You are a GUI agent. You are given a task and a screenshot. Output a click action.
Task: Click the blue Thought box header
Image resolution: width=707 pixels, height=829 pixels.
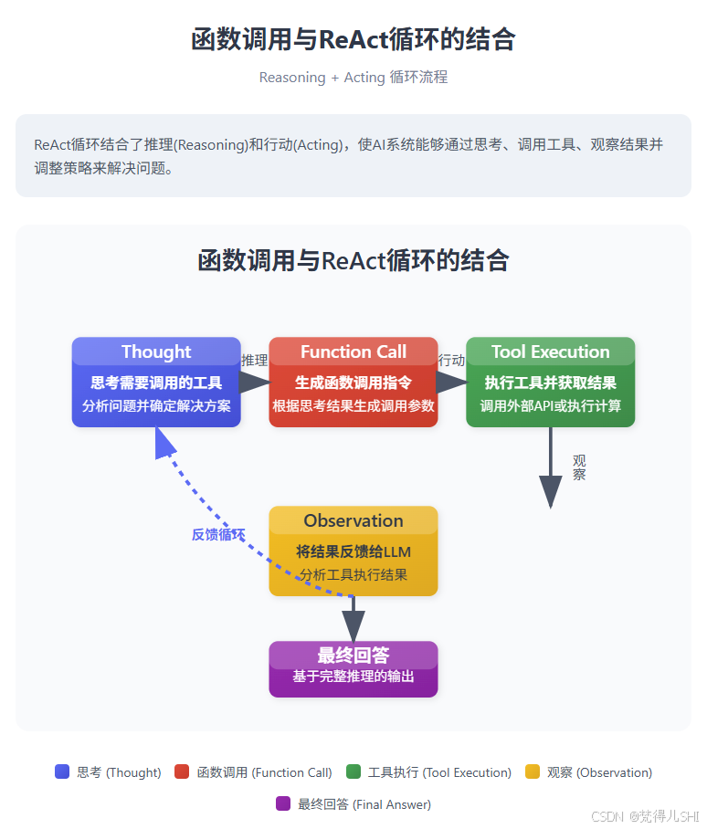[x=156, y=352]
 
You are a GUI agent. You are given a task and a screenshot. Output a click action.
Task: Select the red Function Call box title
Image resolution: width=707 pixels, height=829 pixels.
[x=353, y=352]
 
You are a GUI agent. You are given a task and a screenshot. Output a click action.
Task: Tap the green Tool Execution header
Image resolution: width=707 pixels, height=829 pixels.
[x=550, y=352]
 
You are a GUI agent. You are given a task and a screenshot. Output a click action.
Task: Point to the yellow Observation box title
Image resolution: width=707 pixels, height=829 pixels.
[x=353, y=520]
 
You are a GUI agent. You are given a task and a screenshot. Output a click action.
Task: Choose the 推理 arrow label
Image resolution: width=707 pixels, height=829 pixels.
[x=254, y=361]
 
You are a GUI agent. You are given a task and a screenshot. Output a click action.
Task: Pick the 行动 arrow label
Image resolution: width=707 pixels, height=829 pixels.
[x=451, y=361]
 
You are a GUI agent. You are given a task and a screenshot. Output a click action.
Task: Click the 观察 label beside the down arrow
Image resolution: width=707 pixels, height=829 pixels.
[x=579, y=467]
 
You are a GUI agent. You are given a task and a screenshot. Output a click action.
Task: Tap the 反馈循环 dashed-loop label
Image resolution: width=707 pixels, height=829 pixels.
[x=218, y=535]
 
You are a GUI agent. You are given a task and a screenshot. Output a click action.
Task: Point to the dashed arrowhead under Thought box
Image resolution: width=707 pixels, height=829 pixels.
[x=165, y=442]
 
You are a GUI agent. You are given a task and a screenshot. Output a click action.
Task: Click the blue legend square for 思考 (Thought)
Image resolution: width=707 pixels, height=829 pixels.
[x=62, y=771]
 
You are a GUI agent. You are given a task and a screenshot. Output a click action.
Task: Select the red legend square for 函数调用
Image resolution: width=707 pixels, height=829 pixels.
[x=182, y=771]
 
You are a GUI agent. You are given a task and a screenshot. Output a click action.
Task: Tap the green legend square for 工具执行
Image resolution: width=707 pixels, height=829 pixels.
[x=353, y=771]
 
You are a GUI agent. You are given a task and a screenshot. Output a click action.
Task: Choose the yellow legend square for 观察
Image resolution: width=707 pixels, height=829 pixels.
[x=533, y=771]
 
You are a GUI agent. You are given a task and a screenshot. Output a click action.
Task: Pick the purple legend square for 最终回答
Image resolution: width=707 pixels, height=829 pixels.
[x=283, y=803]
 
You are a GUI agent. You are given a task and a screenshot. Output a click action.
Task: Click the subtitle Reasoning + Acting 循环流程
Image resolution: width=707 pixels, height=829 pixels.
[x=353, y=78]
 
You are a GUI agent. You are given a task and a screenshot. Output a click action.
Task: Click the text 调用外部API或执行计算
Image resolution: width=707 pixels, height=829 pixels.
[x=550, y=405]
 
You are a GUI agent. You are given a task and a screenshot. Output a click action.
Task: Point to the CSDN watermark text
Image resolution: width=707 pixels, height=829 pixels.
[x=645, y=815]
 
